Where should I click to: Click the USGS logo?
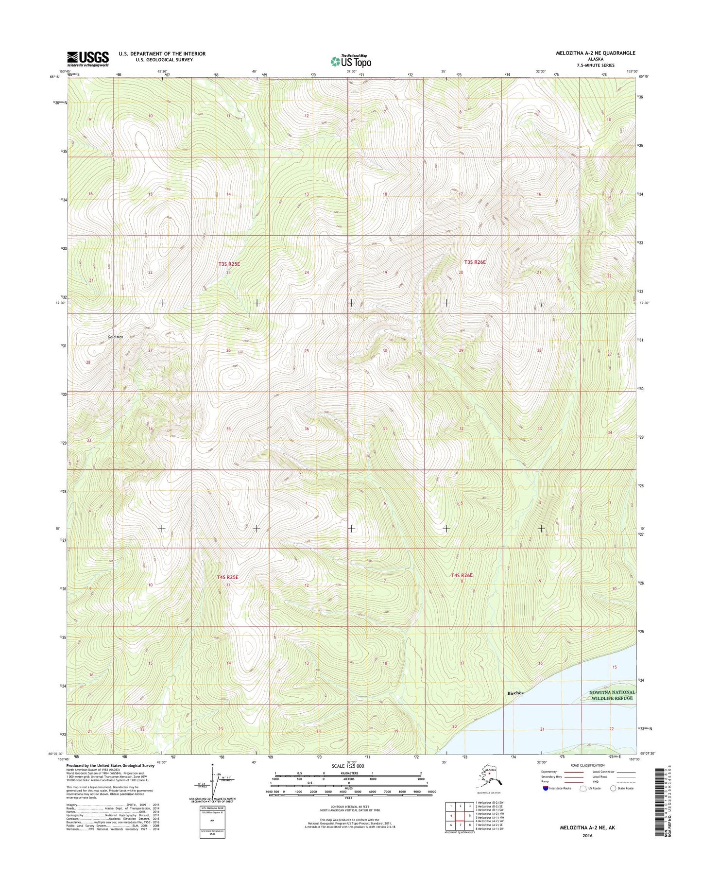point(88,58)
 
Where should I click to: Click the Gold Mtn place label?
point(115,337)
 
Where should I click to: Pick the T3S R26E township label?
point(475,262)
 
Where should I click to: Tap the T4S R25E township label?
point(227,577)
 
